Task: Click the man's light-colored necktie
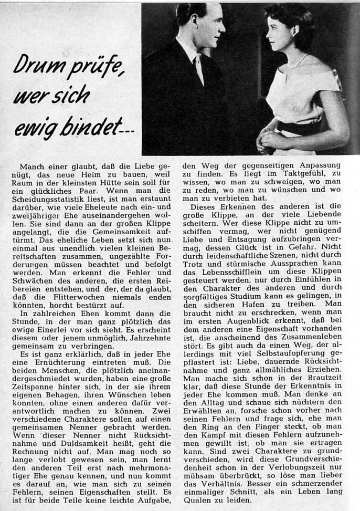pos(198,69)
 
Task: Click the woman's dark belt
pos(302,128)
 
